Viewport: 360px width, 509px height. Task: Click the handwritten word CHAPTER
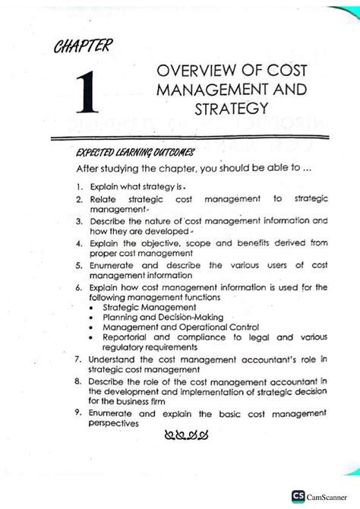pyautogui.click(x=82, y=49)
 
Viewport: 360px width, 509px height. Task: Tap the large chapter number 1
pyautogui.click(x=90, y=95)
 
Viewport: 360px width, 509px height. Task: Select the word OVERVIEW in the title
pyautogui.click(x=190, y=71)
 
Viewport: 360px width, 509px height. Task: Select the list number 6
pyautogui.click(x=78, y=288)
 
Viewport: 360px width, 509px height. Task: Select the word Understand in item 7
pyautogui.click(x=114, y=359)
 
